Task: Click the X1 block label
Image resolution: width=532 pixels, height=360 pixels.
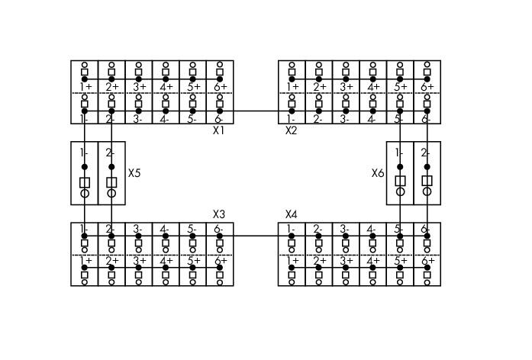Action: pos(218,130)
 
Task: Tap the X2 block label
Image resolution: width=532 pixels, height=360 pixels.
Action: pos(291,130)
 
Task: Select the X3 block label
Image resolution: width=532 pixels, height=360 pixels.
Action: pos(219,214)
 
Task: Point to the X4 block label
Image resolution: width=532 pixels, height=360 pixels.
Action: pos(291,214)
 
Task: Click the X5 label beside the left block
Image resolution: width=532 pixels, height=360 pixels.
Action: pos(134,173)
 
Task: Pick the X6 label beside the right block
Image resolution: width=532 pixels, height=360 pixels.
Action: pos(378,173)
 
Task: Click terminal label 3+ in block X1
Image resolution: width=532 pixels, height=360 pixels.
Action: pos(140,87)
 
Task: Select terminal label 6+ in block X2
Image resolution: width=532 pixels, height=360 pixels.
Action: pos(427,87)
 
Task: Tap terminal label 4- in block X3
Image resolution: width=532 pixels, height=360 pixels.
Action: pos(164,230)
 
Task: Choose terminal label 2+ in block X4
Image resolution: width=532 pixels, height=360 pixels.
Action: pos(320,261)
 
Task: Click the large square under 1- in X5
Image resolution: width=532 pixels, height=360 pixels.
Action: pos(85,182)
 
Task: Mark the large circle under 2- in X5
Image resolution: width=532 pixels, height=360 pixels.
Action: pos(111,193)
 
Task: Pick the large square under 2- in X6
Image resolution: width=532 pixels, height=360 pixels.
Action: pos(427,181)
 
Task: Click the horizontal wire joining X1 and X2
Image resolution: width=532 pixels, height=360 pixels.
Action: pos(256,111)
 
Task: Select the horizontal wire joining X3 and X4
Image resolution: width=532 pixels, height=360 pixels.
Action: pos(256,236)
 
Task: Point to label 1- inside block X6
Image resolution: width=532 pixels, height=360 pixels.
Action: pos(399,153)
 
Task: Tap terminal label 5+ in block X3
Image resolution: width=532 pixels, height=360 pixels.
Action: pos(194,261)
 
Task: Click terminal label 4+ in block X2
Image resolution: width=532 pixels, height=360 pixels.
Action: pos(373,87)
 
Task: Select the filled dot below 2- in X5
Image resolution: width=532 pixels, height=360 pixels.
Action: pos(111,167)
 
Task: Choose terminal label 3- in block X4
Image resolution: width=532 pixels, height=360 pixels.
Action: pos(344,230)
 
